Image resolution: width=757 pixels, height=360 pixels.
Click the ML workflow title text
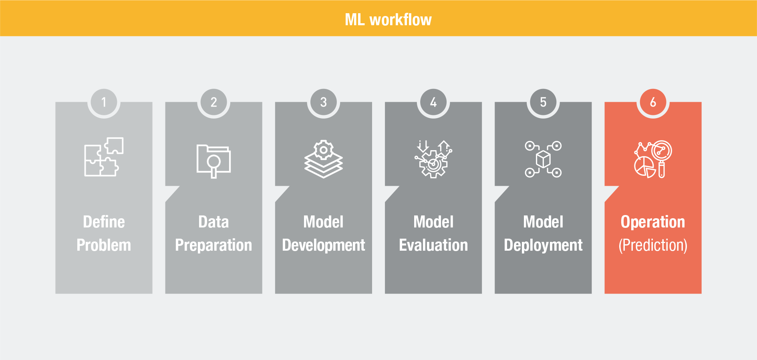(x=388, y=20)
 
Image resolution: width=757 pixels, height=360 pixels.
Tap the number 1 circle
(x=104, y=102)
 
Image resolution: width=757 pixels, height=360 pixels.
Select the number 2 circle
(x=213, y=102)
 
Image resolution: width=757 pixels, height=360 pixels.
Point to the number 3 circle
(x=324, y=102)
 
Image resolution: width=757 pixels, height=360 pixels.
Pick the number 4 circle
(x=433, y=102)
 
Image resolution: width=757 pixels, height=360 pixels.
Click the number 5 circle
(x=543, y=102)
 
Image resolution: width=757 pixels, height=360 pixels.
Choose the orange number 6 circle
(x=653, y=102)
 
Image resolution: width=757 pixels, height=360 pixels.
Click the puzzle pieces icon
(x=104, y=157)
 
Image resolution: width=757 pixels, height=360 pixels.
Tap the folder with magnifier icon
(x=213, y=161)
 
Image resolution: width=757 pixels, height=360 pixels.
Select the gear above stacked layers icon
(x=324, y=159)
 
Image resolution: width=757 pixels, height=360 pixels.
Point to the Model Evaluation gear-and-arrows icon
(x=433, y=159)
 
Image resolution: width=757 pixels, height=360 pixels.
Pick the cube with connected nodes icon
(x=543, y=159)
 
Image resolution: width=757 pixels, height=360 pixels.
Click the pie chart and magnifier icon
(x=653, y=159)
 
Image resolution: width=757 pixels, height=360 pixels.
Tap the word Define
(x=104, y=222)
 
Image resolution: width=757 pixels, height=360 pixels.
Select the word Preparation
(x=213, y=245)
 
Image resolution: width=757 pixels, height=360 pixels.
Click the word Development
(x=324, y=245)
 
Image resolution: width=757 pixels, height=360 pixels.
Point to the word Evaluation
(x=433, y=245)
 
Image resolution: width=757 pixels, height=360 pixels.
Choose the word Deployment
(x=543, y=245)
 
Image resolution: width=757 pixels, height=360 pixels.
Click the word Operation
(x=653, y=222)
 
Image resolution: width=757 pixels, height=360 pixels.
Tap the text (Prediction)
(x=653, y=245)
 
